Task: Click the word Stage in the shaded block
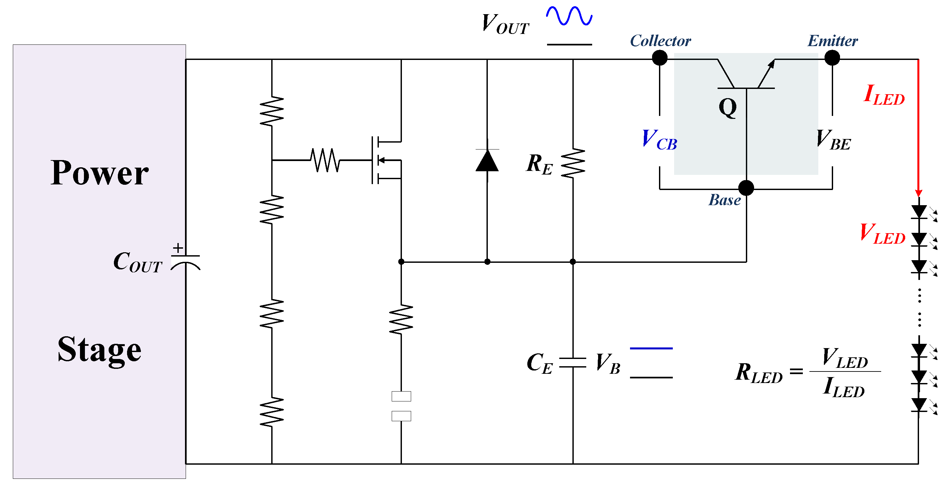(x=99, y=349)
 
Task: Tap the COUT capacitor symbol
(x=186, y=262)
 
